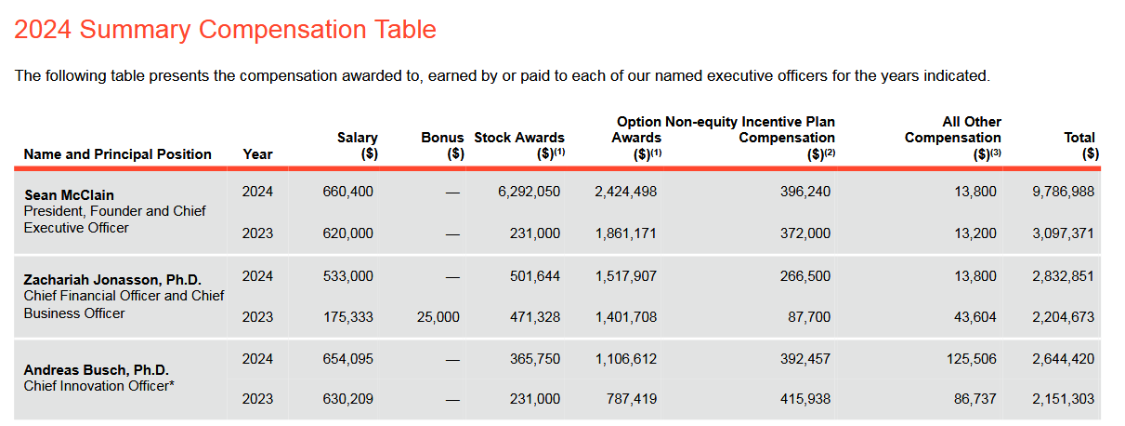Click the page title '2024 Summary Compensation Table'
pos(225,30)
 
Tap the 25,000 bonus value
pos(437,317)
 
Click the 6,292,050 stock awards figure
pos(530,192)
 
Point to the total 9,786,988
pos(1064,192)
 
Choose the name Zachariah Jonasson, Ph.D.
pos(112,280)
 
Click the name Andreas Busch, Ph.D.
pos(96,369)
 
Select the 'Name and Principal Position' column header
pos(118,154)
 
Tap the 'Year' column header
pos(257,154)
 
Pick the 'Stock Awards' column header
pos(519,138)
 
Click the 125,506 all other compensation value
pos(970,359)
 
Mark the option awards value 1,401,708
pos(626,317)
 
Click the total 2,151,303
pos(1064,399)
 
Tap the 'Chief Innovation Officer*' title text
pos(99,386)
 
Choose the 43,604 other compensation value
pos(974,317)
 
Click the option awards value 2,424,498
pos(626,192)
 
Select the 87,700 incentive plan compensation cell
pos(808,317)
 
